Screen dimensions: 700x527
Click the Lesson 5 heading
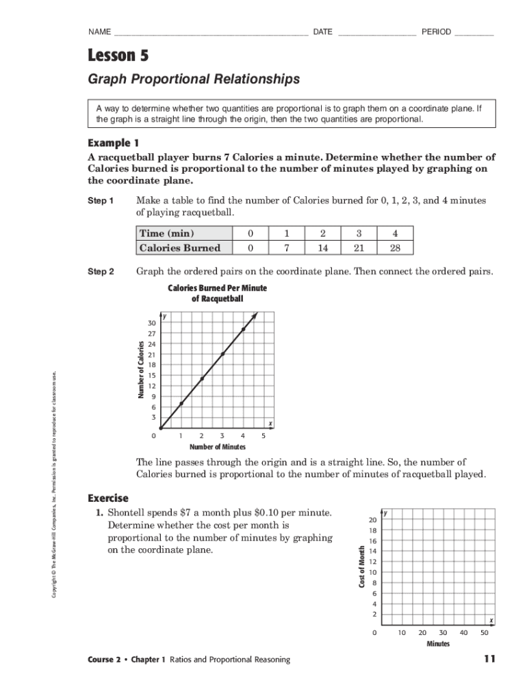pos(118,55)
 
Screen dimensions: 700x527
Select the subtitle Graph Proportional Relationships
pos(194,79)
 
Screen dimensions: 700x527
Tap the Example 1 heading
pos(114,143)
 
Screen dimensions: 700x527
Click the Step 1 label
pos(101,201)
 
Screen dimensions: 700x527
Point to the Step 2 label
pos(101,271)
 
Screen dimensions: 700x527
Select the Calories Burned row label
pos(179,247)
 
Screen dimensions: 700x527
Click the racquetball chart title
pos(217,293)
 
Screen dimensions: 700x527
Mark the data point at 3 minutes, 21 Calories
pos(222,354)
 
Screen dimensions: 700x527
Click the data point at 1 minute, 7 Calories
pos(181,403)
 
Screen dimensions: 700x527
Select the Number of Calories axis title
pos(140,370)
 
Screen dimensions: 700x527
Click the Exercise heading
pos(108,497)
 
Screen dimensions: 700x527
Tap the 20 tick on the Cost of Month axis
pos(374,519)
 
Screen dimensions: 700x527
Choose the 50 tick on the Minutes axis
pos(485,632)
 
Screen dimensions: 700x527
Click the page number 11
pos(488,659)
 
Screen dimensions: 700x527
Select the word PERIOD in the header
pos(436,32)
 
